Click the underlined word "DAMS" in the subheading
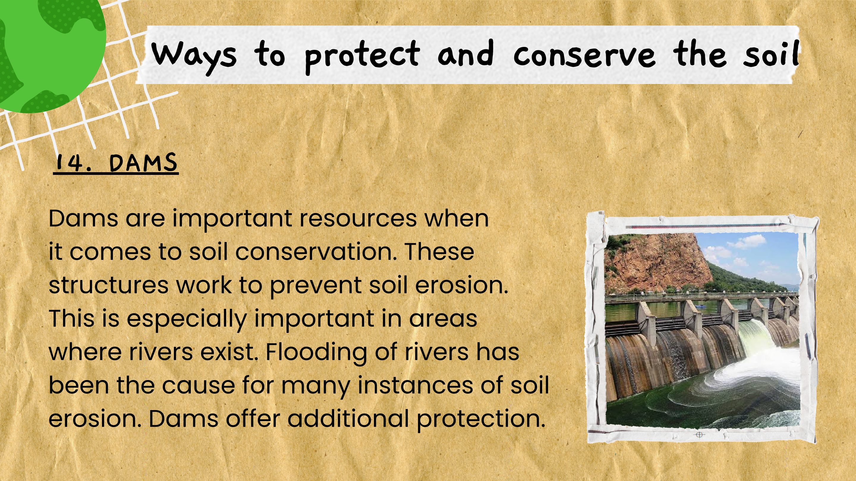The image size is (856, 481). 143,163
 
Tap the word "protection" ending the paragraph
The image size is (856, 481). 481,419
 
